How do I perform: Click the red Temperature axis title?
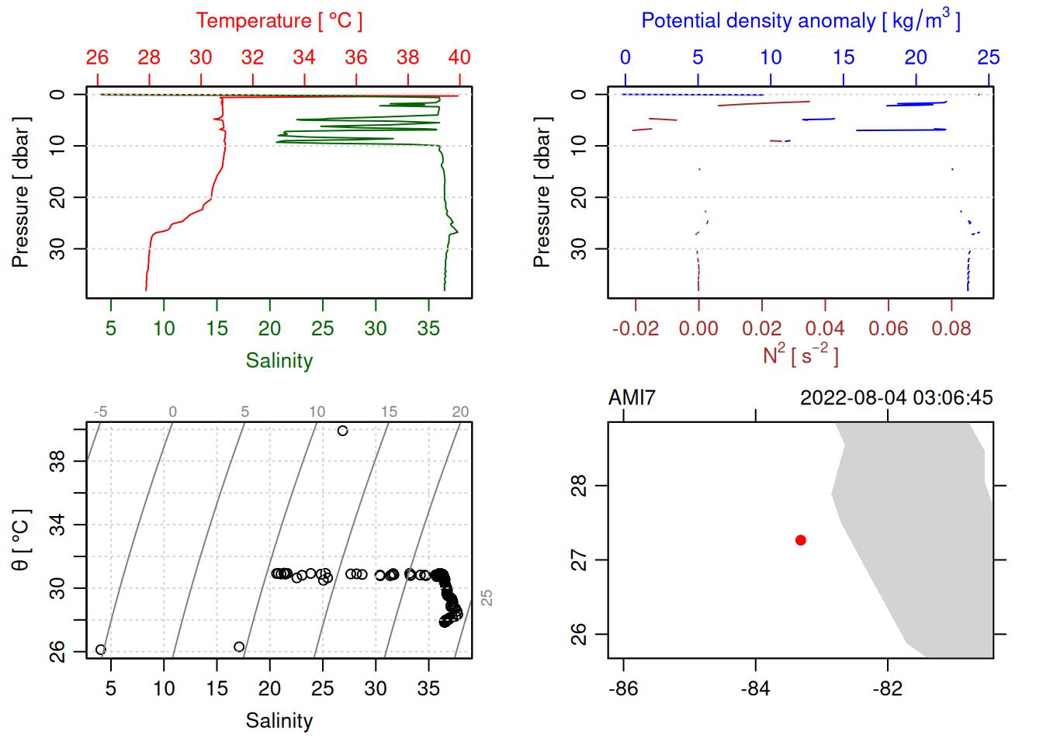[x=279, y=21]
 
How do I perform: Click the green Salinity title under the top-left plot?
[x=279, y=361]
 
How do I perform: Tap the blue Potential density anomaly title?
[x=800, y=20]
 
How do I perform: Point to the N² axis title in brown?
[x=800, y=355]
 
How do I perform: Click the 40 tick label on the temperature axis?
[x=459, y=57]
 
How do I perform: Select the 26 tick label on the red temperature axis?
[x=97, y=57]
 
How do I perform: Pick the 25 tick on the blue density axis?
[x=988, y=57]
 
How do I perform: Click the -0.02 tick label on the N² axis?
[x=635, y=329]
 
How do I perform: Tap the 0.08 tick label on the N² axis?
[x=951, y=329]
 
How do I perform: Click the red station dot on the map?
[x=800, y=540]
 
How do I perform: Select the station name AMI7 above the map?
[x=632, y=398]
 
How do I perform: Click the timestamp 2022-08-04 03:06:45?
[x=896, y=398]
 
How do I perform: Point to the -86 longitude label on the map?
[x=623, y=688]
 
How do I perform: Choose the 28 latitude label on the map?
[x=579, y=487]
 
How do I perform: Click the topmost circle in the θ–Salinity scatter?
[x=342, y=431]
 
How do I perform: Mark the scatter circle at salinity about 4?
[x=100, y=650]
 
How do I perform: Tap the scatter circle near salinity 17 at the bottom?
[x=239, y=646]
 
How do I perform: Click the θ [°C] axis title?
[x=20, y=540]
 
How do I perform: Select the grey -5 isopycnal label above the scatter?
[x=100, y=412]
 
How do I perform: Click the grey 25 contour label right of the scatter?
[x=487, y=598]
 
